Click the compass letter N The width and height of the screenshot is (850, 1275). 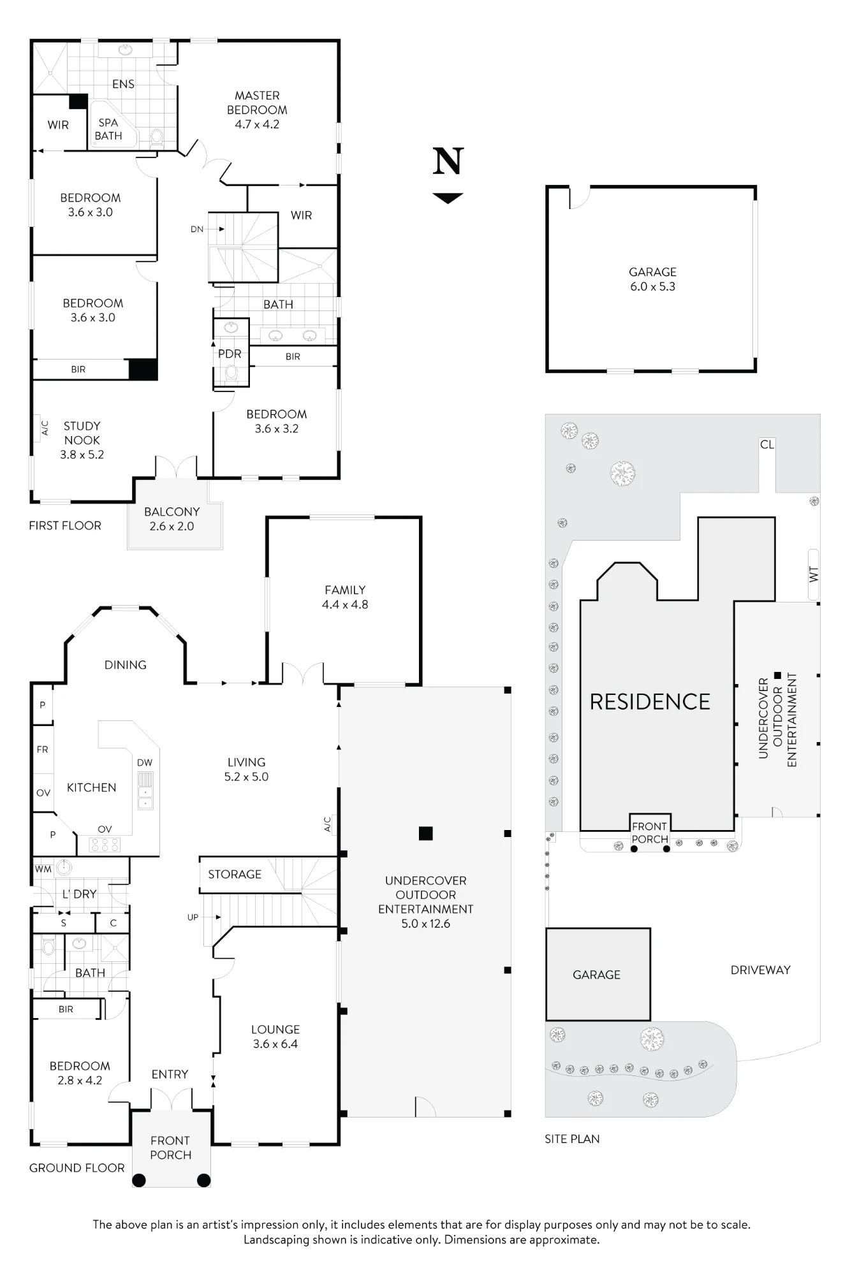448,161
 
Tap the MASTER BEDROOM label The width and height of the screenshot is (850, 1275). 257,103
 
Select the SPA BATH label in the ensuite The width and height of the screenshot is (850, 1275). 108,129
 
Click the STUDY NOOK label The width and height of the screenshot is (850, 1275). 82,433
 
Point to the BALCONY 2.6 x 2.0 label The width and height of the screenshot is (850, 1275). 172,519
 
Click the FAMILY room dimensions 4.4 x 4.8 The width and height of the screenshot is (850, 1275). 345,604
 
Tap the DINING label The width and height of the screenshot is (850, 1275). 126,665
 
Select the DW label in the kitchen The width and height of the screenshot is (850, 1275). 145,762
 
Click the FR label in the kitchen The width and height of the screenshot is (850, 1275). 43,750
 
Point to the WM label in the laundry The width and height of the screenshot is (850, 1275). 43,869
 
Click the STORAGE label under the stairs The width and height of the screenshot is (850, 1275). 235,874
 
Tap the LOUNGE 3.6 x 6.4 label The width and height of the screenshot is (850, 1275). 275,1037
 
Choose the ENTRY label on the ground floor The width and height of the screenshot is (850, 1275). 170,1074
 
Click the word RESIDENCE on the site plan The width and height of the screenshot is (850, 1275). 650,702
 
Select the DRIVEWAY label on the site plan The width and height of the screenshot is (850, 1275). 761,970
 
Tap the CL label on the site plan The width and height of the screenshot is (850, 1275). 767,444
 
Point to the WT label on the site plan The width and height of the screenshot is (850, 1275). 814,574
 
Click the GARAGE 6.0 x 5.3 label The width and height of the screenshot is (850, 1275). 652,279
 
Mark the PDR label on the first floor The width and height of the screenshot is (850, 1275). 230,354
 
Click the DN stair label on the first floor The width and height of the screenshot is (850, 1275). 197,229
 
